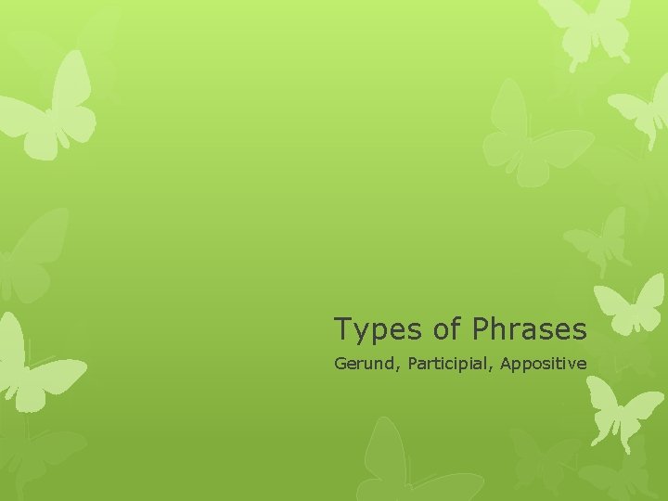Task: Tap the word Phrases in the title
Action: point(529,328)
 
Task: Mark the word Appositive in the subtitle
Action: point(543,364)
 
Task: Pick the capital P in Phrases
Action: point(480,328)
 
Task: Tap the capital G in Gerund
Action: point(340,364)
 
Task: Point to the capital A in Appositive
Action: point(505,364)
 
